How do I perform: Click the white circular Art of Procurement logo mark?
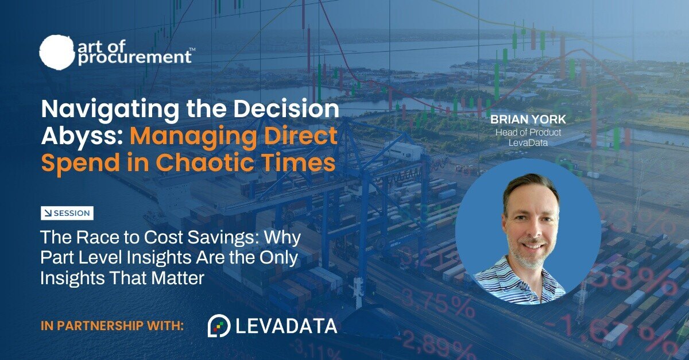coord(57,51)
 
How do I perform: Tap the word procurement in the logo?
coord(135,58)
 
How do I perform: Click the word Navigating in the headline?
coord(110,109)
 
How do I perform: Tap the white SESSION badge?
coord(67,213)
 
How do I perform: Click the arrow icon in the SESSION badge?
coord(48,213)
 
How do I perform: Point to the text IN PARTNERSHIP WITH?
coord(112,326)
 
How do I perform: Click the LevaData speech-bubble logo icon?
coord(219,326)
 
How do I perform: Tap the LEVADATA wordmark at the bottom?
coord(286,326)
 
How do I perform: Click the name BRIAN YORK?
coord(528,119)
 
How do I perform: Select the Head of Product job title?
coord(528,132)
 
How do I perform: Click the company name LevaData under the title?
coord(528,143)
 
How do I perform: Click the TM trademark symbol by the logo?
coord(192,49)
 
